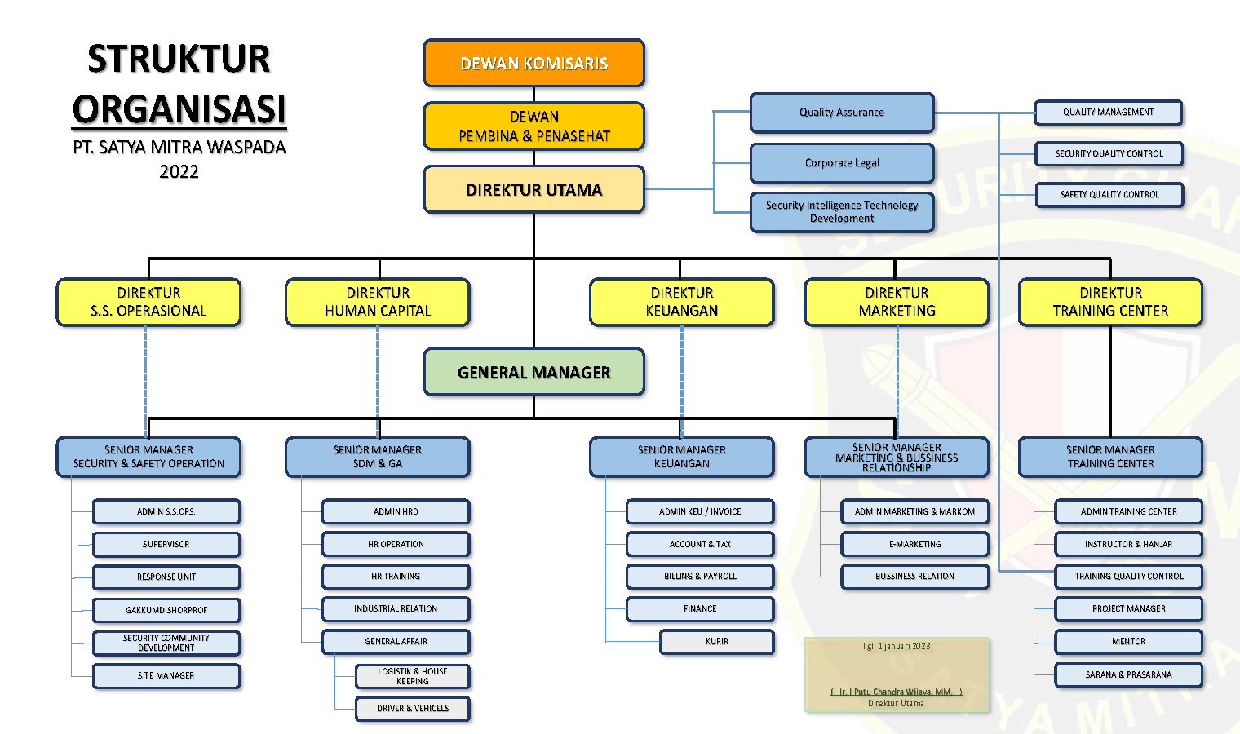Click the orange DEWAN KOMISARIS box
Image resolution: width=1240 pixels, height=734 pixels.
[534, 63]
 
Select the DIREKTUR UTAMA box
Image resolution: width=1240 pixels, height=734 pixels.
[534, 189]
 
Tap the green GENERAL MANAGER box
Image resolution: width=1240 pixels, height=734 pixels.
[534, 372]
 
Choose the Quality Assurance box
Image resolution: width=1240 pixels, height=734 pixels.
[841, 113]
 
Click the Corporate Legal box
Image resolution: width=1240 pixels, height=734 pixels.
[841, 163]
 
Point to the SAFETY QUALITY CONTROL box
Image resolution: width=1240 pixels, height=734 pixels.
[1109, 194]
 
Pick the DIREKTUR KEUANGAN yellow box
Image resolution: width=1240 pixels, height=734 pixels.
[681, 302]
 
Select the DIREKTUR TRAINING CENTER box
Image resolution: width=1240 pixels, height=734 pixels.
[1110, 302]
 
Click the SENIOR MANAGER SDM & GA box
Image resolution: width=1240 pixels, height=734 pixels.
[377, 457]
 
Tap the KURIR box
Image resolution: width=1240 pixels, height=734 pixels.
[716, 642]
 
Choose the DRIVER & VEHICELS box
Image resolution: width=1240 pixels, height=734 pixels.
[413, 708]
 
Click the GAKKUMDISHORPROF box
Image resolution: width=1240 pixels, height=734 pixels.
[166, 610]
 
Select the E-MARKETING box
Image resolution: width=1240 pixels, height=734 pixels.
[914, 544]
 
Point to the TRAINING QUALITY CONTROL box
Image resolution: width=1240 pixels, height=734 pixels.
[1128, 576]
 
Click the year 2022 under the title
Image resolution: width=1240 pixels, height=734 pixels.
[179, 171]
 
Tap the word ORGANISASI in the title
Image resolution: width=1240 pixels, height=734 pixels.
[179, 109]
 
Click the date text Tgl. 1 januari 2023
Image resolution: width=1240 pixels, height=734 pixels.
[896, 646]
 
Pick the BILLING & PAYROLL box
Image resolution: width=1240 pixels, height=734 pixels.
[700, 576]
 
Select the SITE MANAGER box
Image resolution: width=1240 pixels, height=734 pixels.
[166, 675]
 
